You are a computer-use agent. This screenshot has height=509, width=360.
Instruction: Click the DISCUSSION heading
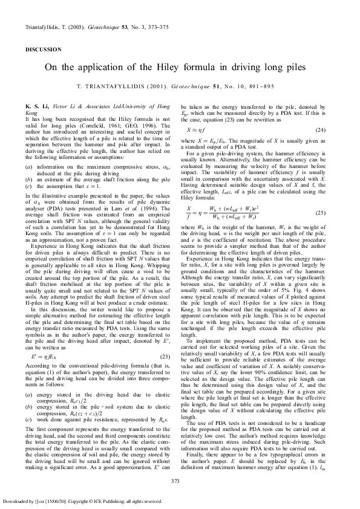(x=43, y=49)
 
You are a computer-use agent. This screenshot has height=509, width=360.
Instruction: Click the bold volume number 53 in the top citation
(x=126, y=28)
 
